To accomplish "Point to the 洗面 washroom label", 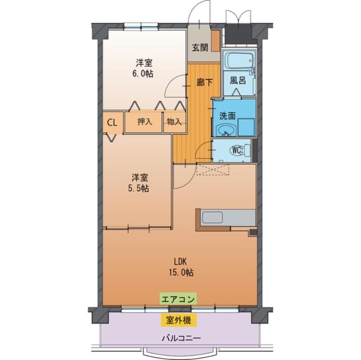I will pyautogui.click(x=227, y=115).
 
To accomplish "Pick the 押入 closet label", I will pyautogui.click(x=144, y=121).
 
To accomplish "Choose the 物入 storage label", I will pyautogui.click(x=174, y=121).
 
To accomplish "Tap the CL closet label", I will pyautogui.click(x=113, y=122).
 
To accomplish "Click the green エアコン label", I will pyautogui.click(x=178, y=298).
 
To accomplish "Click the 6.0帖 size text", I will pyautogui.click(x=143, y=74).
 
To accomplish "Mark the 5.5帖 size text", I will pyautogui.click(x=139, y=189).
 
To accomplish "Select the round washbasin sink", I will pyautogui.click(x=225, y=130).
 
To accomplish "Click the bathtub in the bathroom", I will pyautogui.click(x=238, y=61).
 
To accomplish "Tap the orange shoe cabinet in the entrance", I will pyautogui.click(x=216, y=41).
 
